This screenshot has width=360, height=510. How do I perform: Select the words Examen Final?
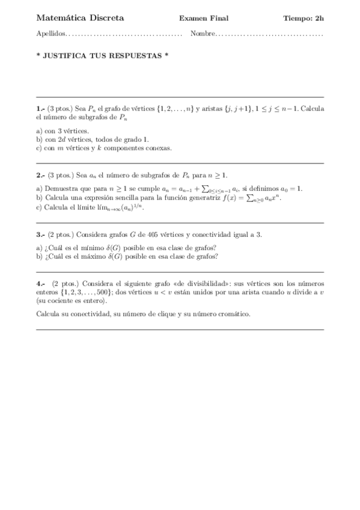pyautogui.click(x=204, y=19)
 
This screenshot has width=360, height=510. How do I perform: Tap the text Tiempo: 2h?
pyautogui.click(x=304, y=19)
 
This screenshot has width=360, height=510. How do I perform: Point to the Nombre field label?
pyautogui.click(x=202, y=34)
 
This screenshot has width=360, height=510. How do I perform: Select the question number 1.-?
pyautogui.click(x=40, y=109)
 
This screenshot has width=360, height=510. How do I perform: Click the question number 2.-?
pyautogui.click(x=40, y=175)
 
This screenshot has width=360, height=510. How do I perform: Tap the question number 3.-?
pyautogui.click(x=40, y=235)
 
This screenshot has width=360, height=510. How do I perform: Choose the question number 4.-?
pyautogui.click(x=40, y=283)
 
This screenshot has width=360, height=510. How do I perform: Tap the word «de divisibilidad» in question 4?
pyautogui.click(x=210, y=283)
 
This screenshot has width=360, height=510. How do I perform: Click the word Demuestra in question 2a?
pyautogui.click(x=61, y=188)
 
